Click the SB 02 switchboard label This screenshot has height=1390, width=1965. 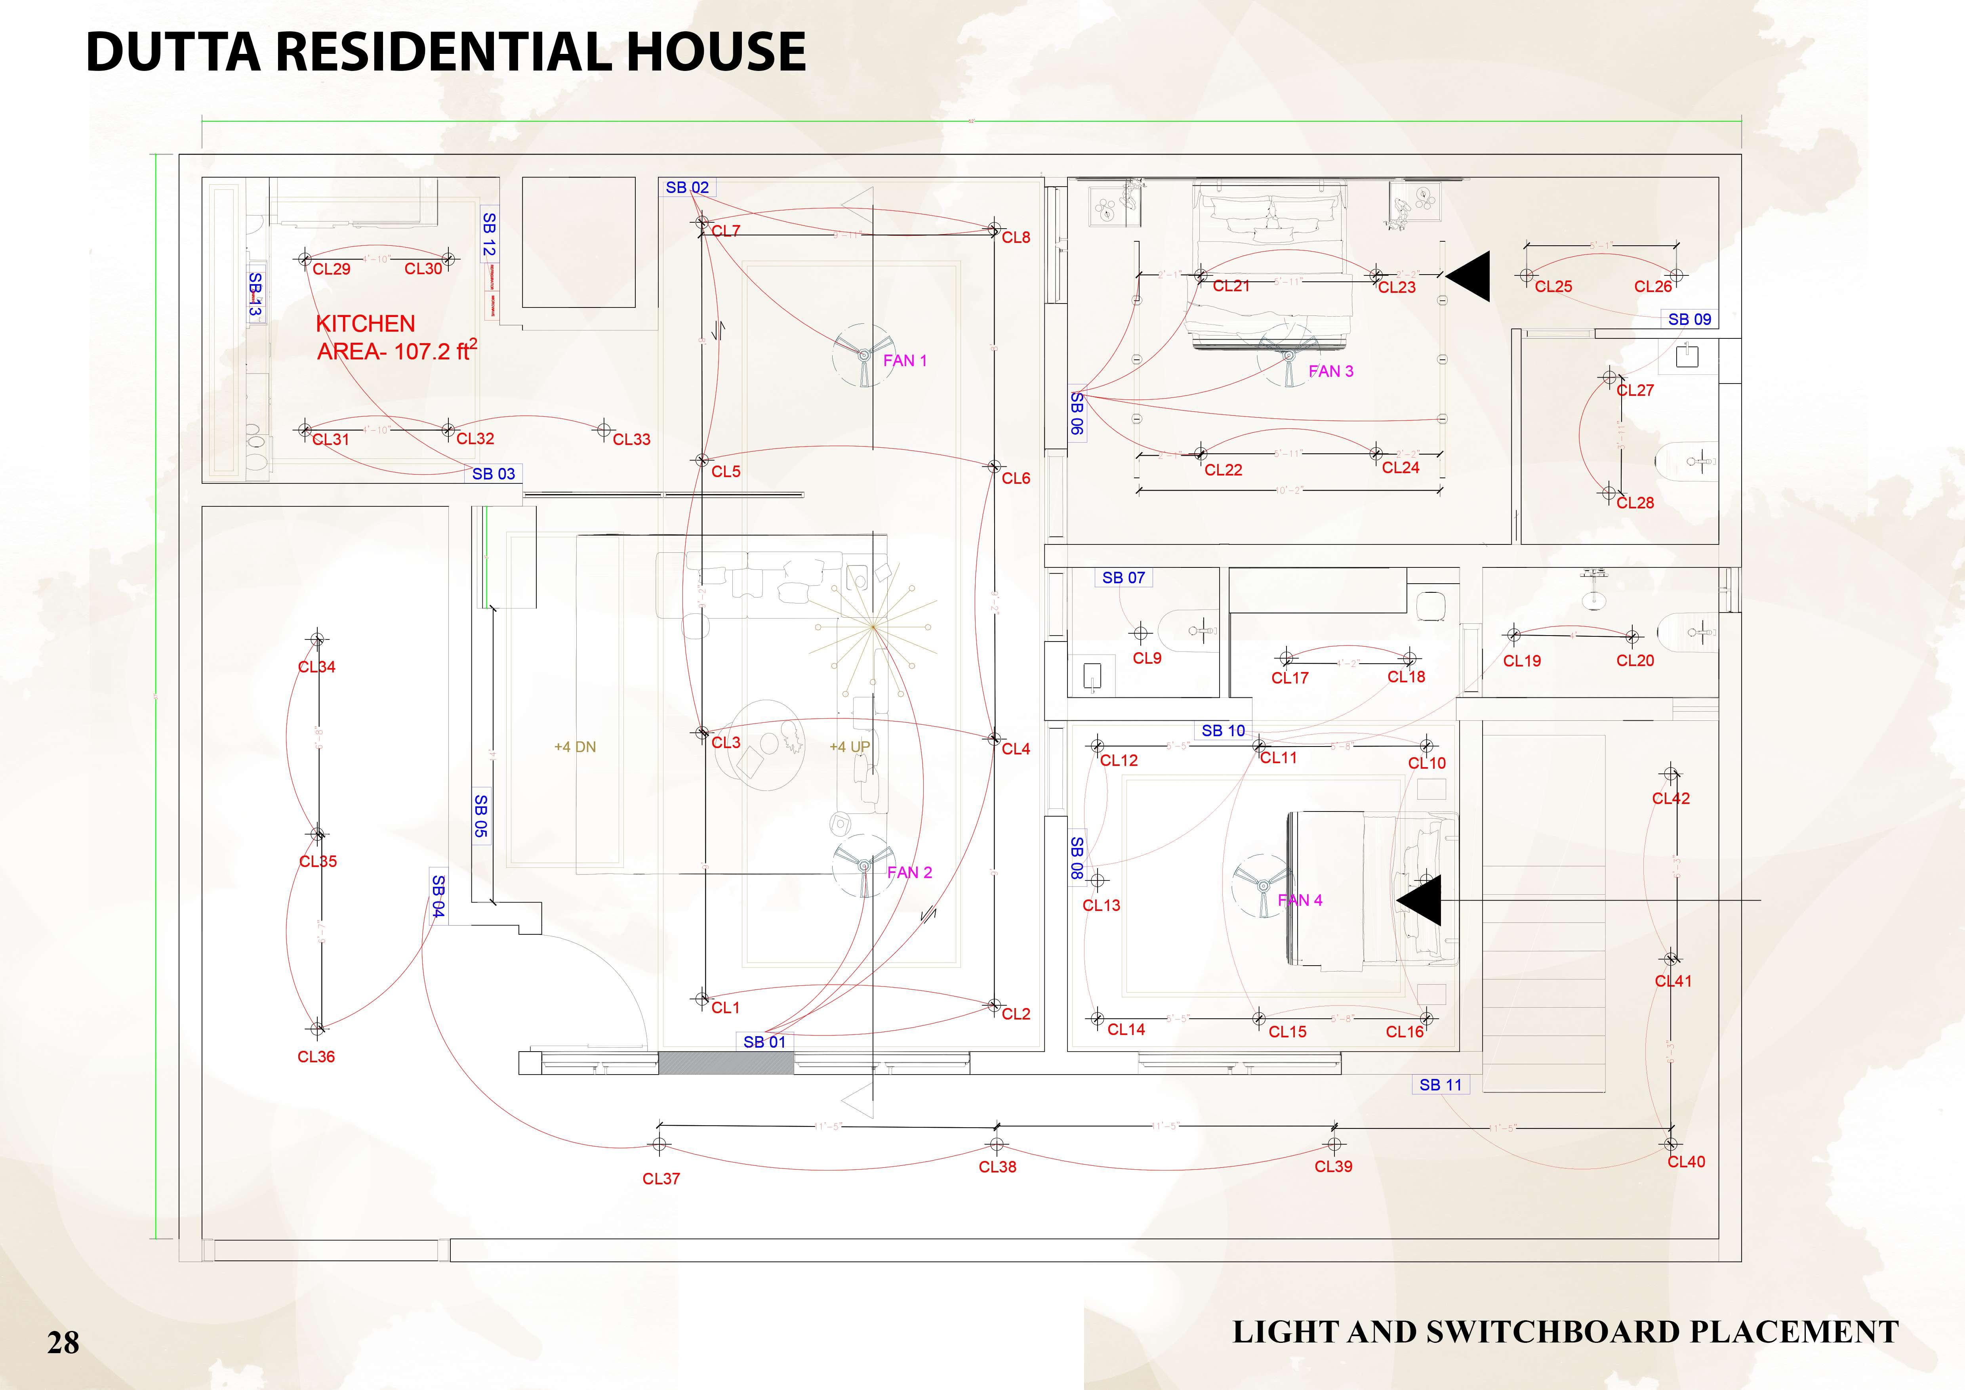687,187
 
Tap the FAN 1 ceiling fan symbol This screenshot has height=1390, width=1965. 864,354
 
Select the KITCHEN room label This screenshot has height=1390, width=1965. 366,324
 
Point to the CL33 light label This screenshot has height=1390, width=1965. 632,439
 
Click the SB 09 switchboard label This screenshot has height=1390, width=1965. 1689,319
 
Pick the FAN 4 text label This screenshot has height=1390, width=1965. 1300,899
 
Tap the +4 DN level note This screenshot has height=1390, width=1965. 575,747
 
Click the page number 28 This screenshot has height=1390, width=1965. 63,1342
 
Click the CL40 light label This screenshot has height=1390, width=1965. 1686,1161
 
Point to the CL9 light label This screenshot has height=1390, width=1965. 1147,658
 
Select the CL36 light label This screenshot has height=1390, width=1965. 316,1056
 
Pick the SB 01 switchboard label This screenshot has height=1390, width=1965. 764,1042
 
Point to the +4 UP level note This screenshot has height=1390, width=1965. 849,747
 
